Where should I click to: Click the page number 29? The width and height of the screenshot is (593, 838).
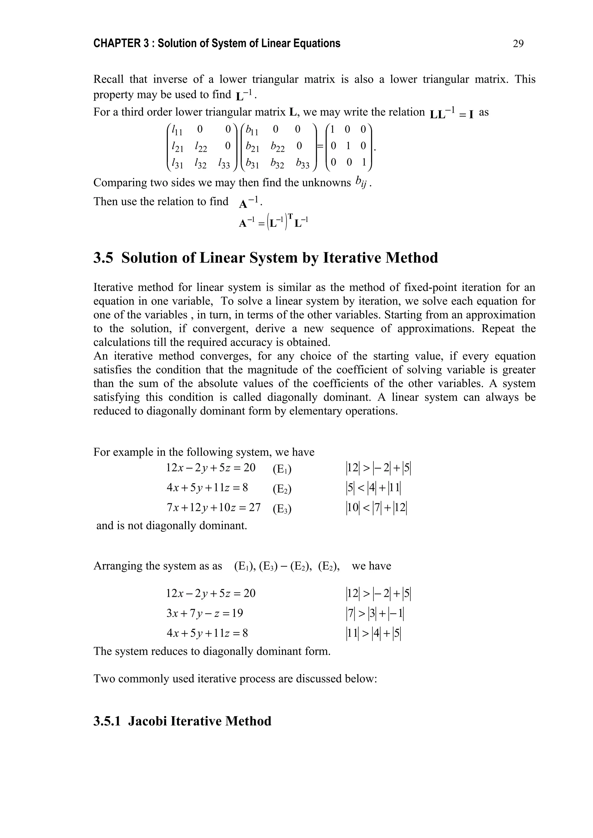click(518, 44)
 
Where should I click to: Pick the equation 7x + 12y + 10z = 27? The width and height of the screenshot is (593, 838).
click(213, 508)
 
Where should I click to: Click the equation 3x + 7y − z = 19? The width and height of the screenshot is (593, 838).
click(205, 613)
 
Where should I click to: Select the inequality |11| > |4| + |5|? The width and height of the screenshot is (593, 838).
click(373, 633)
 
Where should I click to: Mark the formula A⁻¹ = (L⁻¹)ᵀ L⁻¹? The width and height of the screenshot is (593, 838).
click(274, 222)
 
